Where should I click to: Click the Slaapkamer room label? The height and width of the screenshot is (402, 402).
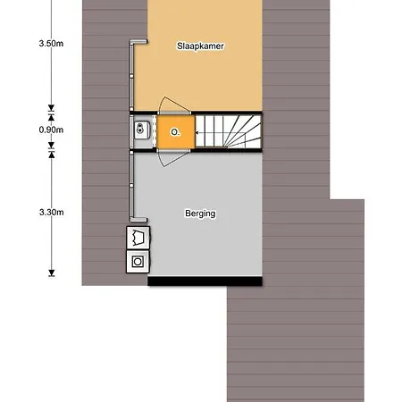click(x=200, y=46)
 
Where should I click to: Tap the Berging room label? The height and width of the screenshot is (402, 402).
click(x=200, y=214)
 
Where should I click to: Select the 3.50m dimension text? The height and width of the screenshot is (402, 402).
click(x=51, y=44)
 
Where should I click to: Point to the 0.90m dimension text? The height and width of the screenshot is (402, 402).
click(x=51, y=130)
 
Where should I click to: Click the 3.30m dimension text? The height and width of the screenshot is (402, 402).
click(x=51, y=213)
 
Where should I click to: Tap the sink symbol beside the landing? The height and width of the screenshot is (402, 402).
click(x=142, y=130)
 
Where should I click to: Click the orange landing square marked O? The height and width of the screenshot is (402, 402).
click(x=175, y=132)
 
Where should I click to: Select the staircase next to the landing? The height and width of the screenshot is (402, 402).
click(x=228, y=131)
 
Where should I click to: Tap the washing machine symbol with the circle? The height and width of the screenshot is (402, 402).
click(x=138, y=262)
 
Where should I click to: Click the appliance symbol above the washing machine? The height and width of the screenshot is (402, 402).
click(x=138, y=238)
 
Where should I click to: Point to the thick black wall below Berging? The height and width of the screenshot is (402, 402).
click(x=205, y=281)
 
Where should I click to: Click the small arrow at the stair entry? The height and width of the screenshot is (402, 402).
click(x=197, y=132)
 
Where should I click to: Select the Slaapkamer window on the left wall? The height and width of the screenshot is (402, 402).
click(x=131, y=76)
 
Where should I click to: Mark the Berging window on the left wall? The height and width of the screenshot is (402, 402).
click(x=131, y=186)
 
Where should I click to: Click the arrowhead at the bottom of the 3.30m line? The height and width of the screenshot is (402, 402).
click(x=52, y=273)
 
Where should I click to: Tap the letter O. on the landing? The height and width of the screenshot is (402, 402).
click(x=175, y=132)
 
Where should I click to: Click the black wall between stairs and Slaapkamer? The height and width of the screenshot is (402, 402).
click(x=227, y=113)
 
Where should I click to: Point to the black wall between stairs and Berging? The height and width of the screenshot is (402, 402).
click(x=227, y=150)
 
